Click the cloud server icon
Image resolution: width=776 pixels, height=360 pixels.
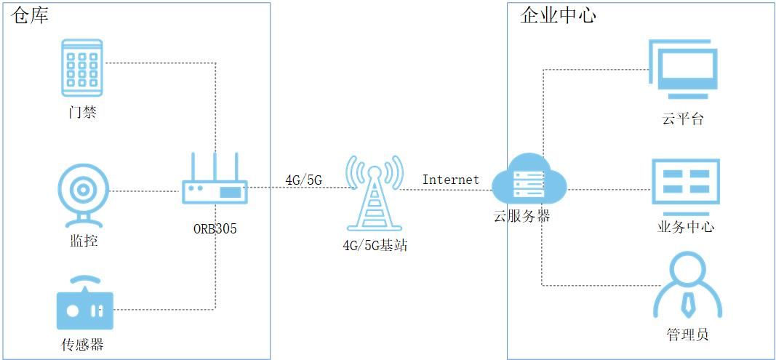click(529, 182)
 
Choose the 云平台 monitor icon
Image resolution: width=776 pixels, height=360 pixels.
click(683, 70)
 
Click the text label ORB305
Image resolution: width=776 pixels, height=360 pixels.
click(215, 229)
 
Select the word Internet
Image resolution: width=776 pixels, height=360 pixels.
click(450, 179)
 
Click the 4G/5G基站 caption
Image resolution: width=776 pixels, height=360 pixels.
click(375, 246)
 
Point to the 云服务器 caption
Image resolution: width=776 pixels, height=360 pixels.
click(521, 216)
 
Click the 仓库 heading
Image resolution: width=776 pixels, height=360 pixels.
click(31, 16)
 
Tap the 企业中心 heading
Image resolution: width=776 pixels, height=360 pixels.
click(558, 16)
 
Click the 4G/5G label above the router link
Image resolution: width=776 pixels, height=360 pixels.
click(303, 179)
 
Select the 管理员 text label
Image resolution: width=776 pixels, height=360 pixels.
click(687, 335)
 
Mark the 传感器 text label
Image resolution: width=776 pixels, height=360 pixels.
click(82, 344)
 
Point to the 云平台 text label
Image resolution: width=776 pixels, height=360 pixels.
click(683, 119)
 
